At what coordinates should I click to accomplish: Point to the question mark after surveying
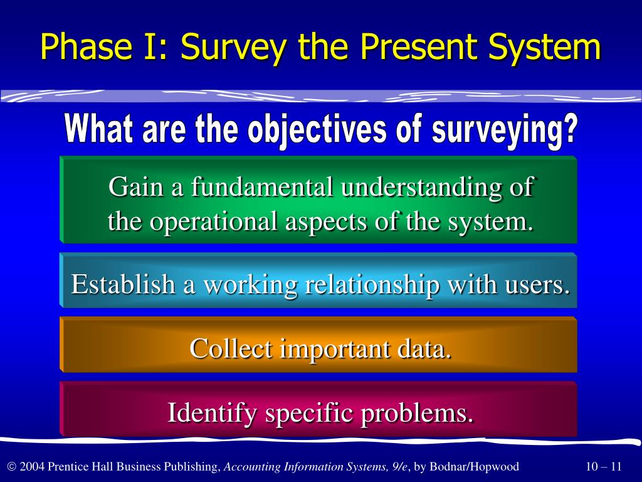[569, 128]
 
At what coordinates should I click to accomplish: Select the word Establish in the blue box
[123, 284]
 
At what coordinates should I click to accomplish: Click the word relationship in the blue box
[372, 284]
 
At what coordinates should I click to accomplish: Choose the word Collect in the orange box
[231, 349]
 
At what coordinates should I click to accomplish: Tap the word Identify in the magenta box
[212, 413]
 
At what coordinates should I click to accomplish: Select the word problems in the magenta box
[417, 413]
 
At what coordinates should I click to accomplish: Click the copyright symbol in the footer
[12, 466]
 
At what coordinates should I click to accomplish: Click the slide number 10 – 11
[604, 466]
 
